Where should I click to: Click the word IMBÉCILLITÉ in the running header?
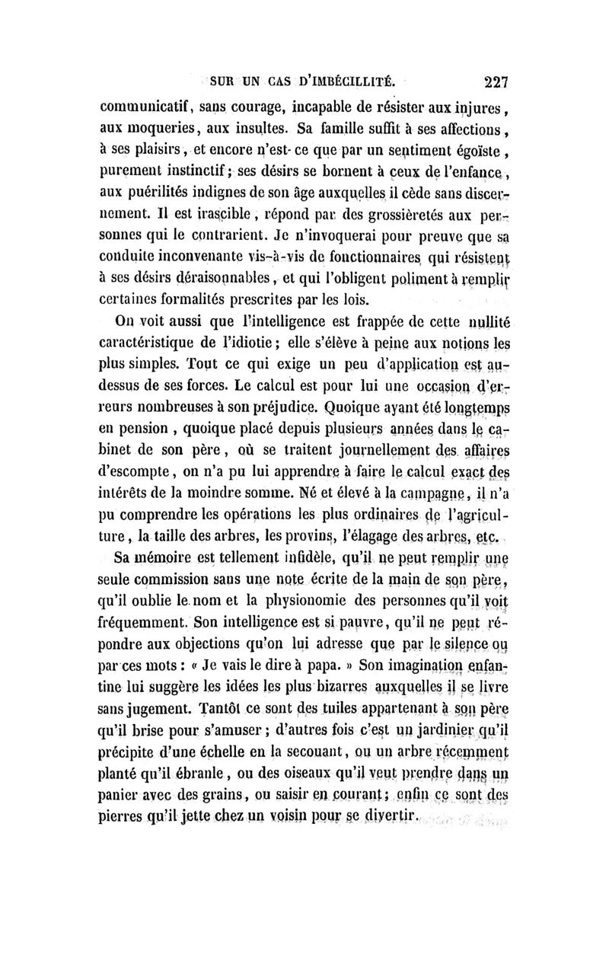pos(343,79)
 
